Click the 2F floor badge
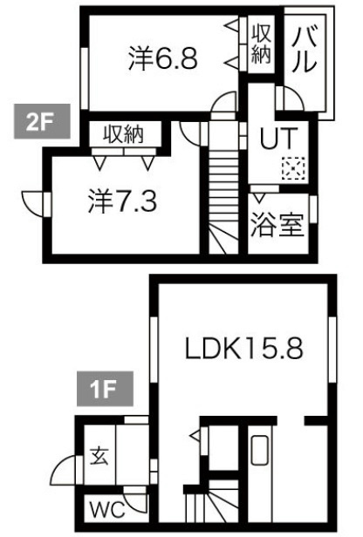point(42,121)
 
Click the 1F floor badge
point(105,389)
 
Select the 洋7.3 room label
point(122,201)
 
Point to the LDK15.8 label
point(244,349)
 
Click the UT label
point(277,138)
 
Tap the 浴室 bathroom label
point(277,225)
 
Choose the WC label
point(107,511)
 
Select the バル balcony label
point(304,50)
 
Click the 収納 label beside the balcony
point(261,44)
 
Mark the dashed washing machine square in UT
point(293,168)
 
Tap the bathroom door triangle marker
point(259,197)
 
